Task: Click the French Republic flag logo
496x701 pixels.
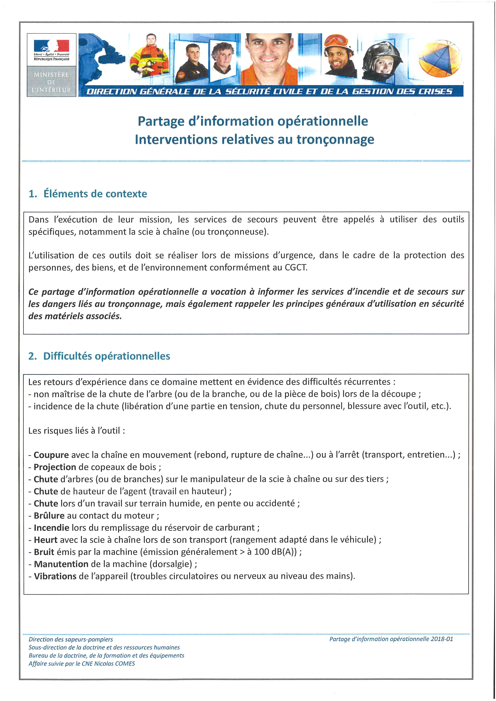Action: tap(51, 46)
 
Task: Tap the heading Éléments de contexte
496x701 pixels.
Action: tap(95, 194)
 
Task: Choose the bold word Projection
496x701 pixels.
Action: tap(55, 467)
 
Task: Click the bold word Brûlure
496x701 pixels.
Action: tap(49, 516)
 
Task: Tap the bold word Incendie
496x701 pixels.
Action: tap(51, 528)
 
